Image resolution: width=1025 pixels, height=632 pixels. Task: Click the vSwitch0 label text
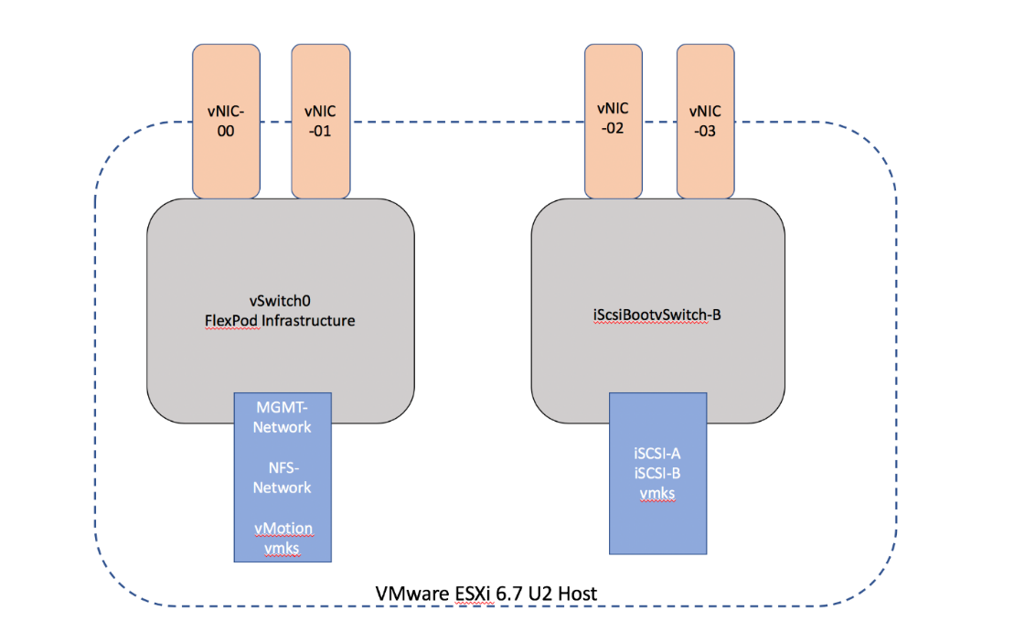pos(279,301)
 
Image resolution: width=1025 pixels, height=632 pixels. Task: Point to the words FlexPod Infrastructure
pos(279,320)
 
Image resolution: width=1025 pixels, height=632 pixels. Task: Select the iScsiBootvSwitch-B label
pos(657,316)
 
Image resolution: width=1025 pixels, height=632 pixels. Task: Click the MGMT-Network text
pos(282,417)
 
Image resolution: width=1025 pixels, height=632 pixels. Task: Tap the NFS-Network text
pos(282,477)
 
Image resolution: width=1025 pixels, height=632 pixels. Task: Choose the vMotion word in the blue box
pos(283,529)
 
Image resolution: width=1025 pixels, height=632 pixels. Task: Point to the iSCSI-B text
pos(657,473)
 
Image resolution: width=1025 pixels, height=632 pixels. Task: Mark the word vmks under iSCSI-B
pos(657,494)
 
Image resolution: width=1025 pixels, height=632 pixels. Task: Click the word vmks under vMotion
pos(283,548)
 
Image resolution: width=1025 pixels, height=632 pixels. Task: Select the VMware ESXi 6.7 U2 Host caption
pos(486,594)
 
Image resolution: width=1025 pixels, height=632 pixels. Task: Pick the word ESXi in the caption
pos(464,594)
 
